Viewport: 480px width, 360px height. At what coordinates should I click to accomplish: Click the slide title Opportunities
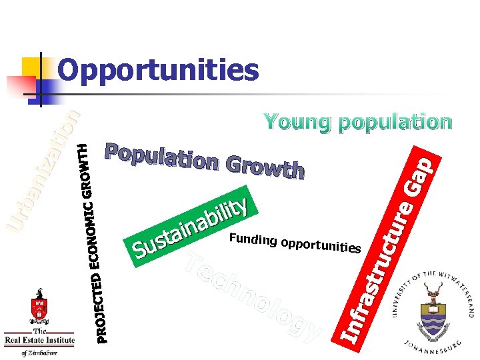point(157,69)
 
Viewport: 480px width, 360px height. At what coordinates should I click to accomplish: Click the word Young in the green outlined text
point(297,122)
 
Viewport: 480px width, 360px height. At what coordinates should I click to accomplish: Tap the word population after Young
point(395,123)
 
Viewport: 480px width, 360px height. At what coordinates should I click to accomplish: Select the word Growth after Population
point(265,167)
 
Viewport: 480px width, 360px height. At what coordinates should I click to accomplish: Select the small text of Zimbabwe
point(39,353)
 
